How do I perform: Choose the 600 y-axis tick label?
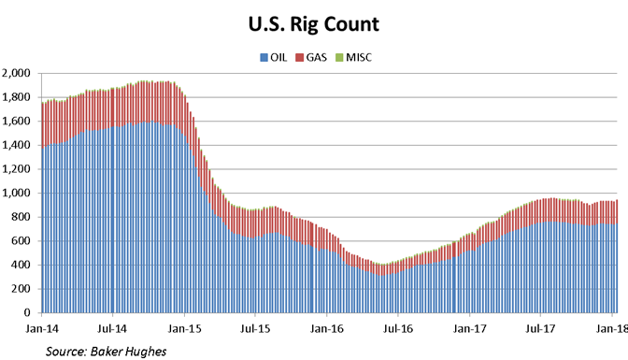(x=22, y=240)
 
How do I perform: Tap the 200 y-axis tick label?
(x=22, y=288)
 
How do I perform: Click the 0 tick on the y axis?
(x=29, y=312)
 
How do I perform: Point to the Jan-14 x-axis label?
(x=40, y=330)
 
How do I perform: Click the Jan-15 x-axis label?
(x=183, y=330)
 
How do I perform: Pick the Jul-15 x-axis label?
(x=255, y=330)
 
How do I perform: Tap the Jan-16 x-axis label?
(x=327, y=330)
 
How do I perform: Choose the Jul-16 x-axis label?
(x=398, y=330)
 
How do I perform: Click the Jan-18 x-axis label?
(x=612, y=330)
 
